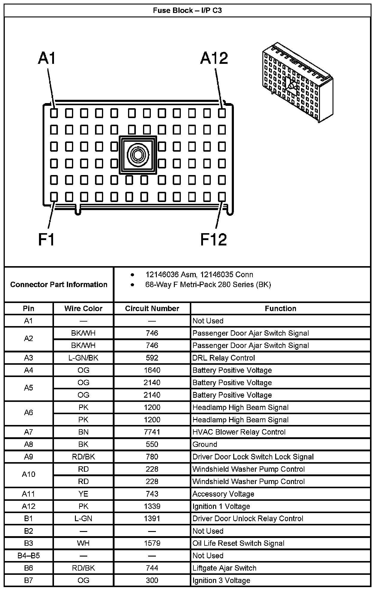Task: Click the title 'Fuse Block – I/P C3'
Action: tap(187, 10)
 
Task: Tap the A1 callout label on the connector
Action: tap(47, 58)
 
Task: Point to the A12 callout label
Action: tap(214, 58)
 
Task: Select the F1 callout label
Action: tap(46, 239)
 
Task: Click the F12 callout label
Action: tap(213, 239)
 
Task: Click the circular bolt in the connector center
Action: tap(138, 155)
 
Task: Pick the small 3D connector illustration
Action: tap(297, 83)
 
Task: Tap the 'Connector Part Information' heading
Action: tap(59, 284)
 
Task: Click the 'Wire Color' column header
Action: tap(83, 308)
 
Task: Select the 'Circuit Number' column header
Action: tap(152, 308)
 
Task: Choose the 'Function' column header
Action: tap(280, 308)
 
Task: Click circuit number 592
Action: tap(152, 358)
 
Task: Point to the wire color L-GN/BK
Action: tap(83, 358)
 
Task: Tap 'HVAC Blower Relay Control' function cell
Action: tap(239, 432)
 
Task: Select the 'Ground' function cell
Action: tap(205, 444)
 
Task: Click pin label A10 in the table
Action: tap(28, 474)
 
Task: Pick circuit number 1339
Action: tap(152, 506)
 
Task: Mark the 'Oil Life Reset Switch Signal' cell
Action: tap(238, 543)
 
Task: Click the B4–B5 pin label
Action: tap(28, 555)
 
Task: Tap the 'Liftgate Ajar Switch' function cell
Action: tap(224, 568)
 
